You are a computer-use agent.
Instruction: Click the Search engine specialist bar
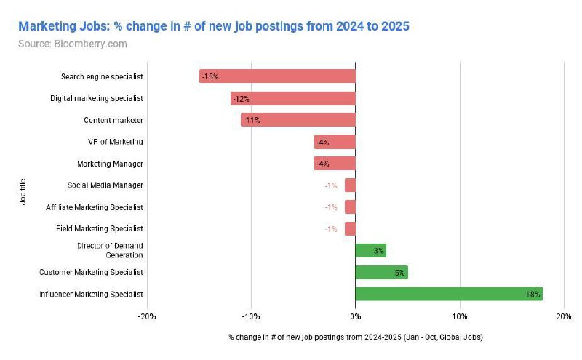[277, 76]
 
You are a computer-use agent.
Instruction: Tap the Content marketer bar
[298, 120]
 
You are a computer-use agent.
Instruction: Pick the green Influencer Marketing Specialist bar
[448, 294]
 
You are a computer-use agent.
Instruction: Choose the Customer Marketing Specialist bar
[381, 272]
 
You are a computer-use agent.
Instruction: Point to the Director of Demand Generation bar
[370, 250]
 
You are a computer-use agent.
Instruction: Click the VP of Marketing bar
[335, 142]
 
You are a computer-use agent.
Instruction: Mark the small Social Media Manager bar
[350, 185]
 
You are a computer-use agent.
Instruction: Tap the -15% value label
[211, 76]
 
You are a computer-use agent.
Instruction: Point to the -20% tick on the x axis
[147, 316]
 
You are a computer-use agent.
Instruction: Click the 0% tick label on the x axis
[355, 316]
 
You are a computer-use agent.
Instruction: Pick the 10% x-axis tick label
[459, 316]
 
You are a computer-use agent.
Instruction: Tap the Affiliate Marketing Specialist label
[95, 207]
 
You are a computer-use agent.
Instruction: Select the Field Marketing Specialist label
[100, 228]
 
